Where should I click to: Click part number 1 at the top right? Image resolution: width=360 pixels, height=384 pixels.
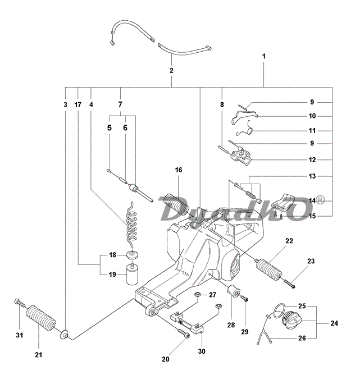(264, 57)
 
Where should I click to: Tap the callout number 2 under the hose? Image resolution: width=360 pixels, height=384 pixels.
(171, 71)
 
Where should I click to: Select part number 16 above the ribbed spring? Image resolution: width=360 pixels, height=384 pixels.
(179, 170)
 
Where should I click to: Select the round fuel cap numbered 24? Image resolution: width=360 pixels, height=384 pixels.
(293, 321)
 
